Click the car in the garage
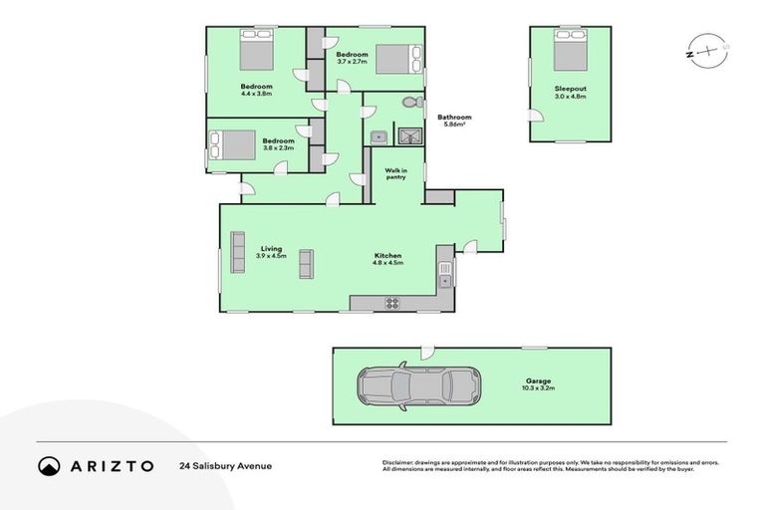click(417, 386)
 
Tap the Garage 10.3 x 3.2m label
click(540, 383)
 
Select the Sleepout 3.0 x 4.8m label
click(571, 93)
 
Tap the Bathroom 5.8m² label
click(454, 121)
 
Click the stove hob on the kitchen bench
click(392, 303)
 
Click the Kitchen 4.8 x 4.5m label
click(387, 259)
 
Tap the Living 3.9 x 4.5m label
click(271, 252)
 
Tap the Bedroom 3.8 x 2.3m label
click(278, 143)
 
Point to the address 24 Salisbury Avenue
click(225, 465)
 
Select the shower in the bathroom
click(409, 136)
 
